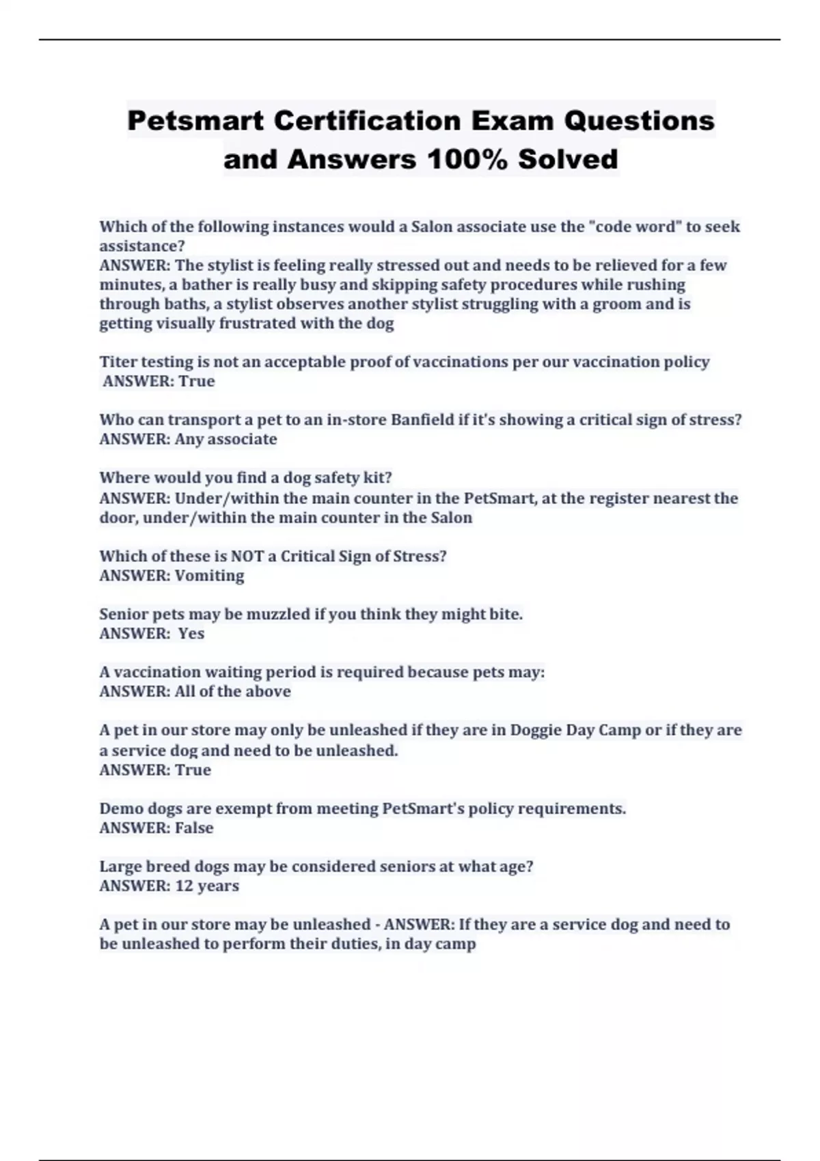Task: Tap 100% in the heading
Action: coord(467,160)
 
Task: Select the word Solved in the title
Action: coord(568,160)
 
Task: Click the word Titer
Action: coord(119,362)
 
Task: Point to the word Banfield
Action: coord(421,420)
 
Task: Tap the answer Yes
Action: coord(191,634)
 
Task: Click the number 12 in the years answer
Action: coord(184,886)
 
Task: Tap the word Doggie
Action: coord(535,730)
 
